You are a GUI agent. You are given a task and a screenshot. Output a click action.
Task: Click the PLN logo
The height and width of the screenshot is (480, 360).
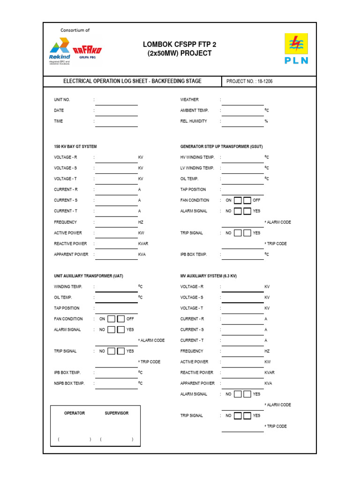296,49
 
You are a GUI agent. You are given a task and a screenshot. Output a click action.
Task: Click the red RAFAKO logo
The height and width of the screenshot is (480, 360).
87,50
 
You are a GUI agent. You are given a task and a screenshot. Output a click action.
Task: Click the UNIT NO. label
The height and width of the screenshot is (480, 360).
62,100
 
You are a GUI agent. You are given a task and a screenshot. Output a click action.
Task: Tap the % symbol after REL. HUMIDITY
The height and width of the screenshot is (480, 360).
266,121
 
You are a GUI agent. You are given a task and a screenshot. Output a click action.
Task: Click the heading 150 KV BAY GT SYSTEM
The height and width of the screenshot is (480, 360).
75,147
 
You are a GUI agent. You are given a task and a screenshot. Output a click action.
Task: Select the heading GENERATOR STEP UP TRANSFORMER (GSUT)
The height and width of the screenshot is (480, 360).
215,147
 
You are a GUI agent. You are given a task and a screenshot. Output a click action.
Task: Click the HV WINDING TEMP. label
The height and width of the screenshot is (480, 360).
197,157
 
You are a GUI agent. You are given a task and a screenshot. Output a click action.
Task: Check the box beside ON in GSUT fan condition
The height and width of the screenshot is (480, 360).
238,200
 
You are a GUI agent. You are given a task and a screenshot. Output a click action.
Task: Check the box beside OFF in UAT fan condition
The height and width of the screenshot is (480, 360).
121,319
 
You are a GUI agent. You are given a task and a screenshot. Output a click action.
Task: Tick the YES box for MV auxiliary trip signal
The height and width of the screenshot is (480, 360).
247,416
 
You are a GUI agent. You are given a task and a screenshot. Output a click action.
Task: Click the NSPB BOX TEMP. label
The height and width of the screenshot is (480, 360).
69,383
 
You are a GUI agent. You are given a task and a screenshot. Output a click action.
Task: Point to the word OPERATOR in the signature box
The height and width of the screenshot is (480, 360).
75,413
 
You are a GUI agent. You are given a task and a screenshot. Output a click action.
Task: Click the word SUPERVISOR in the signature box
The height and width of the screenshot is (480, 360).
116,413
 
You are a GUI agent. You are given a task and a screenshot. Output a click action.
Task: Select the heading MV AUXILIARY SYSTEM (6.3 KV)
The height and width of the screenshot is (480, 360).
209,276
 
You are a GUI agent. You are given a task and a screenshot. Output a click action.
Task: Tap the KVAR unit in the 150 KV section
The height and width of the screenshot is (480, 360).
143,244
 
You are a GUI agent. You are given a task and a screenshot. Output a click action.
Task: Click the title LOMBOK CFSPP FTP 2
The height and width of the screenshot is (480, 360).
180,44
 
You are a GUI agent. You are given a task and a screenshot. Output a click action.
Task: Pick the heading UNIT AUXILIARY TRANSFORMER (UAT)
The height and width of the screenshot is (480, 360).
89,276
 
